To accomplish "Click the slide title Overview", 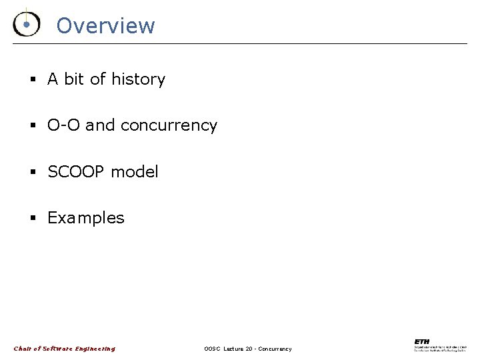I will pos(105,26).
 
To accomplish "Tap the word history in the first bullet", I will pos(138,79).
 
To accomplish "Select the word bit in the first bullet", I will pos(74,79).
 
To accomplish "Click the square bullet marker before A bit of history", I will pos(32,80).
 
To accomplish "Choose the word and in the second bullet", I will pos(100,125).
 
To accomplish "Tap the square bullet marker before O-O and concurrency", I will pos(32,126).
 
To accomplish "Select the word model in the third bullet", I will pos(135,172).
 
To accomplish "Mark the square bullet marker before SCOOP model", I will pos(32,173).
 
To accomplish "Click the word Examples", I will pos(85,218).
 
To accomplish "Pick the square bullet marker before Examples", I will pos(32,219).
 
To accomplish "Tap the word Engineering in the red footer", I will pos(95,349).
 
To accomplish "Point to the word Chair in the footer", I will pos(23,349).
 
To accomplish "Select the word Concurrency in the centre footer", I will pos(275,349).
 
